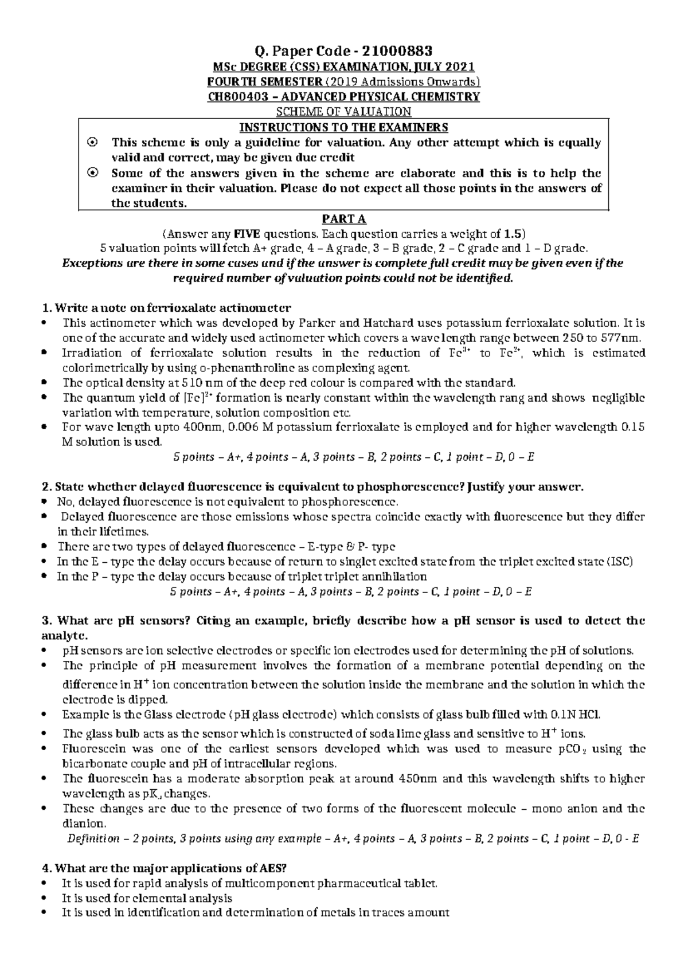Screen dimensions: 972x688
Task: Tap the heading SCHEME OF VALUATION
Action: pos(344,112)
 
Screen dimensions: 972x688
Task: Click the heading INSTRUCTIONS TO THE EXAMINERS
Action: pos(344,127)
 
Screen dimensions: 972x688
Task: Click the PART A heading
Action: pos(344,219)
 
